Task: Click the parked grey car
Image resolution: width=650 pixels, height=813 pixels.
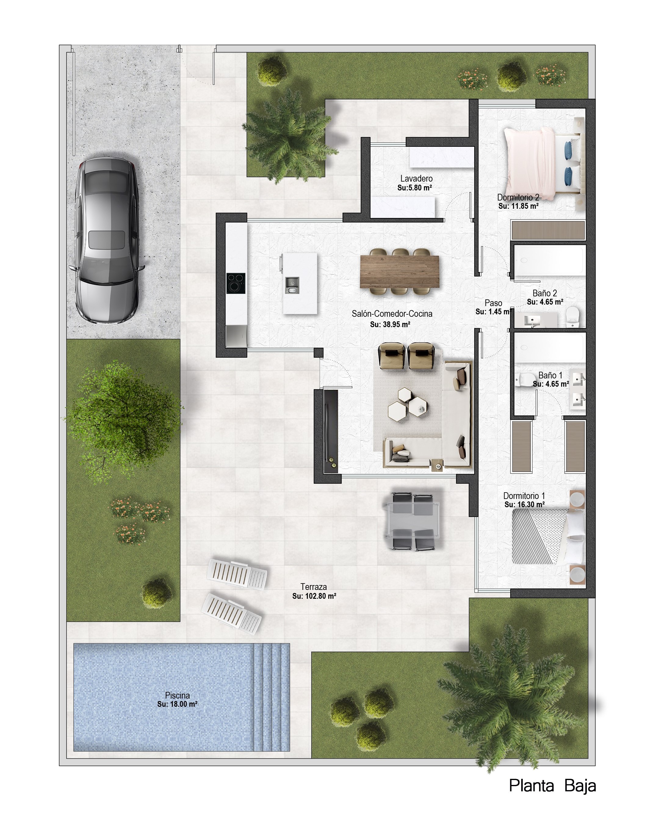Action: click(x=107, y=240)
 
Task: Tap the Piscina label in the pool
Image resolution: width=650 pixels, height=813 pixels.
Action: click(x=177, y=695)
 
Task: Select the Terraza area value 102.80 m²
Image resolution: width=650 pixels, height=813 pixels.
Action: click(x=314, y=596)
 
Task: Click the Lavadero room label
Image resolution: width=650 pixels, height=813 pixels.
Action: click(x=416, y=178)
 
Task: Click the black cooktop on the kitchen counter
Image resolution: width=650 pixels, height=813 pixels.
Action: click(x=236, y=283)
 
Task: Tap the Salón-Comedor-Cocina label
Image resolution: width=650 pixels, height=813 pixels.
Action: click(x=392, y=313)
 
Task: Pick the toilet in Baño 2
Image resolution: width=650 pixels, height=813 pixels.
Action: click(x=572, y=317)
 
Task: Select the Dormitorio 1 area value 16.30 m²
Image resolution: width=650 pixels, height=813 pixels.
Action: click(x=524, y=504)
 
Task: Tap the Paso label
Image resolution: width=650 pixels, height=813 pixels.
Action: click(x=493, y=303)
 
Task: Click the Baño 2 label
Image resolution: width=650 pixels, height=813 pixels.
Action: click(x=544, y=293)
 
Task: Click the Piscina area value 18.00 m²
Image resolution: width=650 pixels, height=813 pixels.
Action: click(x=177, y=704)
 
